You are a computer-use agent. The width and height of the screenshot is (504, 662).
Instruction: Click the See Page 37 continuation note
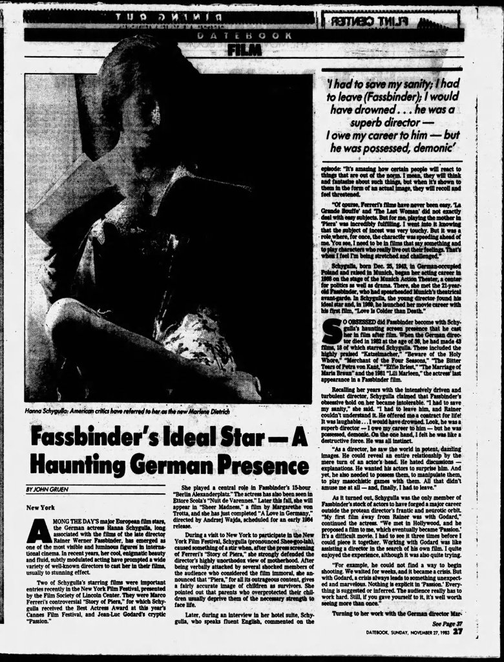click(x=445, y=623)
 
